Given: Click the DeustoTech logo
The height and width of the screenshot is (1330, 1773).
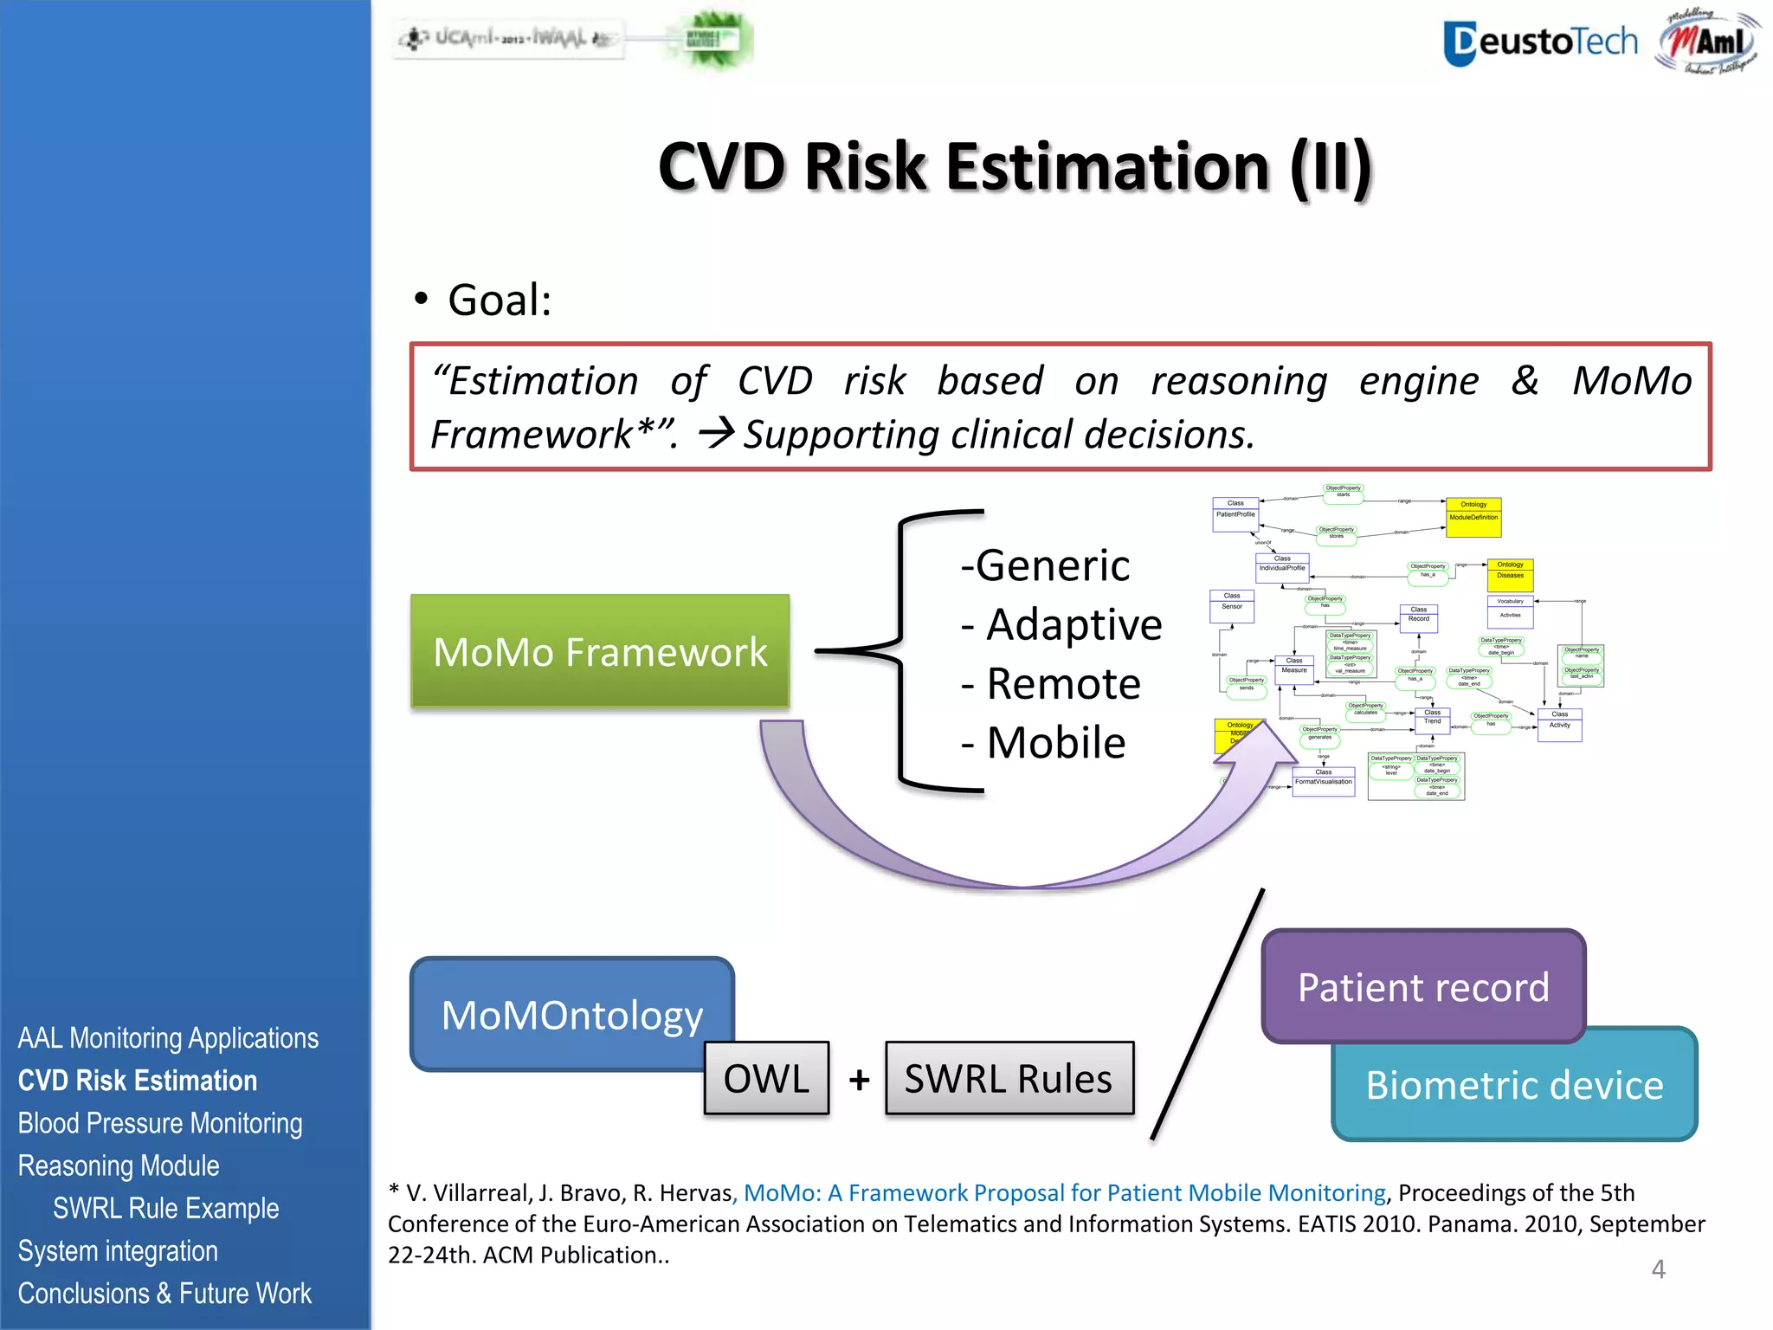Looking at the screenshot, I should click(x=1540, y=42).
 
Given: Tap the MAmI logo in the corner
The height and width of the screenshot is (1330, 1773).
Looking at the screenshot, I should click(x=1708, y=42).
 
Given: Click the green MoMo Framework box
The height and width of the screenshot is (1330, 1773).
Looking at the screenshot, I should click(x=600, y=651).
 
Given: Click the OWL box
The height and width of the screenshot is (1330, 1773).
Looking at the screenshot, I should click(x=766, y=1078).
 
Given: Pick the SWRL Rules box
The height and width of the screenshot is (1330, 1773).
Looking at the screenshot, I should click(x=1009, y=1078).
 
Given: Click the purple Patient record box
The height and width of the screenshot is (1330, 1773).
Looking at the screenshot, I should click(x=1423, y=986).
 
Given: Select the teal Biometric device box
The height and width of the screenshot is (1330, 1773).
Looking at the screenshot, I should click(x=1514, y=1085).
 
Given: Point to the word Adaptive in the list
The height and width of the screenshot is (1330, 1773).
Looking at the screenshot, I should click(x=1073, y=624).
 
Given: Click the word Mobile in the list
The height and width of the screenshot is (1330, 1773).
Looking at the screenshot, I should click(x=1055, y=743).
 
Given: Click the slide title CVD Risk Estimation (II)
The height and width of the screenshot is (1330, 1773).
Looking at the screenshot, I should click(x=1015, y=166).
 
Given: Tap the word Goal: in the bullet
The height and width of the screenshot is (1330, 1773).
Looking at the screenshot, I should click(x=500, y=300).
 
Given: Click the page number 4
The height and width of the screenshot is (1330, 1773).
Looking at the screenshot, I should click(x=1658, y=1269).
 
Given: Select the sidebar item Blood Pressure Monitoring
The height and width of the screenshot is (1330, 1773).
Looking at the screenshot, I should click(x=160, y=1123).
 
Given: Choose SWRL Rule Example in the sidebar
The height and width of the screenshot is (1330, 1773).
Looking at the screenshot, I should click(x=165, y=1208).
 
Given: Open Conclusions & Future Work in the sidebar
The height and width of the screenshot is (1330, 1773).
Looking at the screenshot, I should click(x=164, y=1293).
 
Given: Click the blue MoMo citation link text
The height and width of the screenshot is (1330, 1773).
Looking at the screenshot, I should click(x=1065, y=1193).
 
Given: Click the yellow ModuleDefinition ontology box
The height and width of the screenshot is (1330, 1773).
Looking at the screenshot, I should click(x=1473, y=517).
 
